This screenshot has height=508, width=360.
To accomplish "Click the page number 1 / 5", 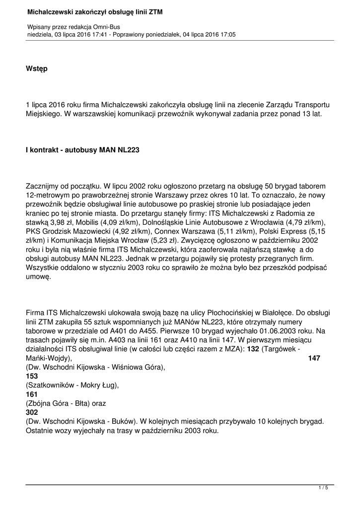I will click(323, 488).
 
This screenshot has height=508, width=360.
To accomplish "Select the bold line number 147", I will click(314, 358).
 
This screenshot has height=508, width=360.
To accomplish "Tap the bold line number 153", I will click(31, 376).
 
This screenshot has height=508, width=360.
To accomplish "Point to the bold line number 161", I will click(31, 394).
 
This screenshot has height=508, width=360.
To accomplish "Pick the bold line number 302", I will click(31, 412).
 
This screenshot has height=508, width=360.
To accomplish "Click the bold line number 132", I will click(253, 349).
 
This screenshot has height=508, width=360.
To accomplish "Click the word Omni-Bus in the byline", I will click(106, 26).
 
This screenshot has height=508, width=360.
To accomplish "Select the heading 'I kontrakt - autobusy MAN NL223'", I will click(82, 149).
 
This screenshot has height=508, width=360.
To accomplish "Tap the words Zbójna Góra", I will click(49, 403).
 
